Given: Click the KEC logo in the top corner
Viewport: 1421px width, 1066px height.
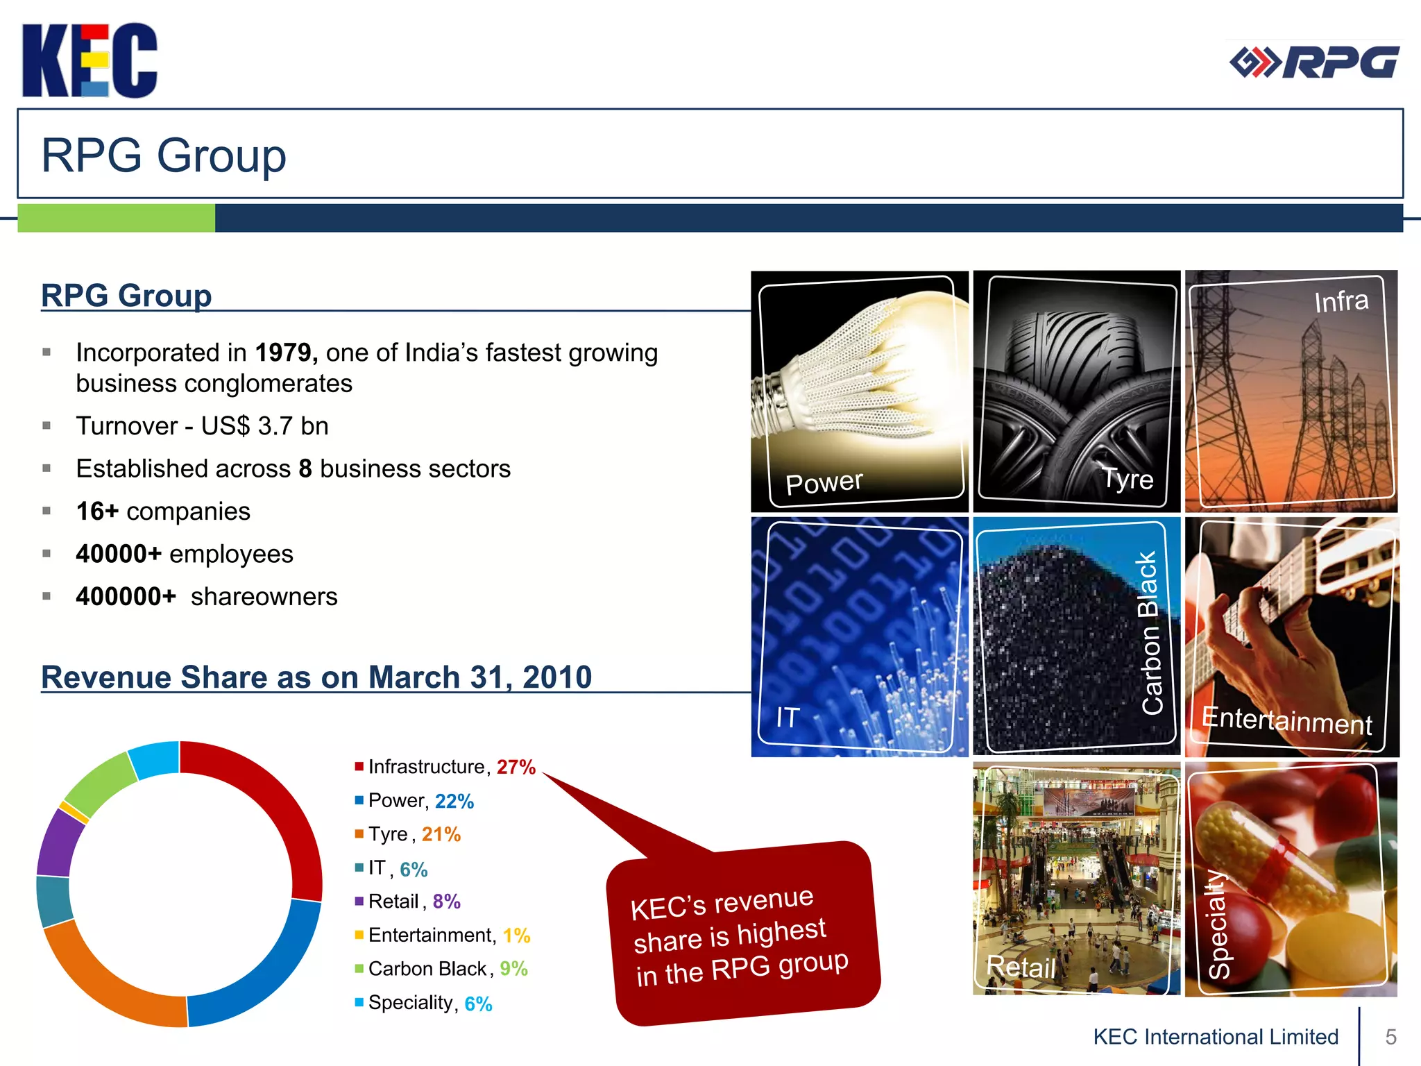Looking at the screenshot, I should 90,60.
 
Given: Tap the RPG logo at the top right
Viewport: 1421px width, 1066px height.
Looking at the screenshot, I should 1313,63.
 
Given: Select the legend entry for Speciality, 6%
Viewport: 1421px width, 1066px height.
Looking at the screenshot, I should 429,1003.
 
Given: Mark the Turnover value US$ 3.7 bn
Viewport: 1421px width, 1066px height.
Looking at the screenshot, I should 264,426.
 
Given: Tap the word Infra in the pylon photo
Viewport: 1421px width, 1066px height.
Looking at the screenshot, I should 1341,301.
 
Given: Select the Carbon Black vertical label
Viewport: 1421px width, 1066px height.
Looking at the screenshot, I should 1150,633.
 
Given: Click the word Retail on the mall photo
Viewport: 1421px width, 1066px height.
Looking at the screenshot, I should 1020,967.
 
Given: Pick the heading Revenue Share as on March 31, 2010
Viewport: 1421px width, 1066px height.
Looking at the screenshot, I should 316,677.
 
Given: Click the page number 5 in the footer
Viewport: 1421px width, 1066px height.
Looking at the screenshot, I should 1390,1037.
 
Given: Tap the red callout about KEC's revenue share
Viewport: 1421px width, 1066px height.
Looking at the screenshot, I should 742,933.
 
